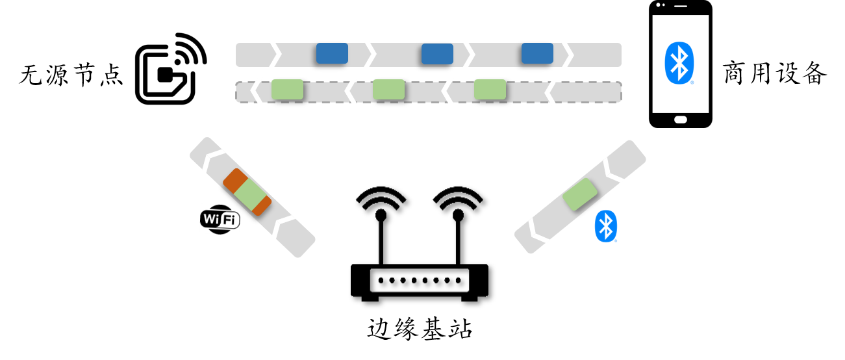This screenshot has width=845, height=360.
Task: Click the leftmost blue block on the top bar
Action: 332,53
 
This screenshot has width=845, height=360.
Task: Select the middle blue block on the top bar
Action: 437,54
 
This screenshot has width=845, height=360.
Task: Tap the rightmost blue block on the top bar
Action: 537,53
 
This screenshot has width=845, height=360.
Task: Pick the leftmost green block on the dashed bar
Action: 287,89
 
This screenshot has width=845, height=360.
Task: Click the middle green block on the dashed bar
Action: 388,89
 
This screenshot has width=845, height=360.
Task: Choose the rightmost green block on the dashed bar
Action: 490,89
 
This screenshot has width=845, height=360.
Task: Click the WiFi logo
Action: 220,219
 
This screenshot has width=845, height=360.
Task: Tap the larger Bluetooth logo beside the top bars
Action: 679,63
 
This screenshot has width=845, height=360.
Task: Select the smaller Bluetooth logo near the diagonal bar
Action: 606,226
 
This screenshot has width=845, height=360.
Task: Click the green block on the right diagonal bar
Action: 580,194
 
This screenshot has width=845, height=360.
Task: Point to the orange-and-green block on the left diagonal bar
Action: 247,192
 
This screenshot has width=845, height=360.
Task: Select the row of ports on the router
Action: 419,280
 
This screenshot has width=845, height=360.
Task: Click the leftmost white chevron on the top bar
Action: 275,54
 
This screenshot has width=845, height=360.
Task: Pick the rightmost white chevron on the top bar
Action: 567,55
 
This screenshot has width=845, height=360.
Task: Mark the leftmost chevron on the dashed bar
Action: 257,90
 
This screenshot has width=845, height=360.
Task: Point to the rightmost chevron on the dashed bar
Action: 551,92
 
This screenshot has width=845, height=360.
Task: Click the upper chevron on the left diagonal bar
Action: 212,160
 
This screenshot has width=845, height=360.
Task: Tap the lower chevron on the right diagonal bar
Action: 537,229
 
